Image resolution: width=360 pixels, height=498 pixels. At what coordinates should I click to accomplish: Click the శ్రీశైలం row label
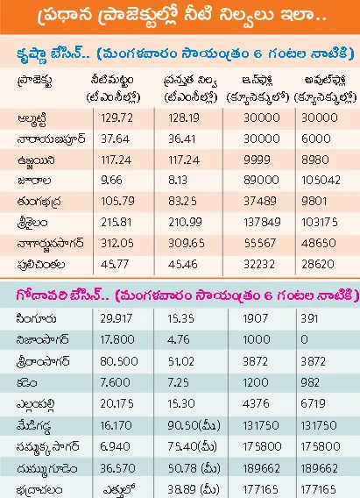(32, 223)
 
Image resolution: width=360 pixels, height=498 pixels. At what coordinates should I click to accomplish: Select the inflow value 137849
(262, 222)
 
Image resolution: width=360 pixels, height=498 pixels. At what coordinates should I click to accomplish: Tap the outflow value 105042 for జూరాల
(321, 180)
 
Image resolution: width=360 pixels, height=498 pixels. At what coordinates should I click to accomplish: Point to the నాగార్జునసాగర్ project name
(51, 244)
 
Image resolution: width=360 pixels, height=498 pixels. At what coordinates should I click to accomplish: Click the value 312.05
(117, 243)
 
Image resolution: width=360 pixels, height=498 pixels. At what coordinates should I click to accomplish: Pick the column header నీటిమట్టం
(112, 80)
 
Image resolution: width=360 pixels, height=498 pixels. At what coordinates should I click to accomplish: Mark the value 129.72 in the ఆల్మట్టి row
(117, 118)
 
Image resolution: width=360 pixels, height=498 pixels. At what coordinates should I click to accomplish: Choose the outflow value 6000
(316, 139)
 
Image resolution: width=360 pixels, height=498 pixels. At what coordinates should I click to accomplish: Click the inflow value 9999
(257, 160)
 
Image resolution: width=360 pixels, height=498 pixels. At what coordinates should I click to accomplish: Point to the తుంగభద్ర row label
(39, 202)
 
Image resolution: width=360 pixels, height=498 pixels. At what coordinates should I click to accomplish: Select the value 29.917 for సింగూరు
(116, 318)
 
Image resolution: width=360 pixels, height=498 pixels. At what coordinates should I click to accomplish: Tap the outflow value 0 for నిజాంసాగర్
(304, 339)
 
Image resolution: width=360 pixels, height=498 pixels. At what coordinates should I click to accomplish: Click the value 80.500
(119, 361)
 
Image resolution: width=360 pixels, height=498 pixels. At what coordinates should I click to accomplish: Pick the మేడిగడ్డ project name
(33, 425)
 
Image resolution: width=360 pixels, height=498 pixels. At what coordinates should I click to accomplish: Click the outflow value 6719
(313, 403)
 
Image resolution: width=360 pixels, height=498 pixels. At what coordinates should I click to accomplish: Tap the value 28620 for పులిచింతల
(318, 264)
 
